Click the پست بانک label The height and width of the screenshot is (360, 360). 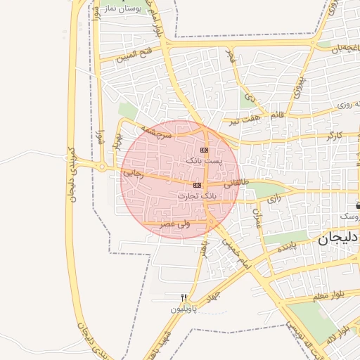[203, 161]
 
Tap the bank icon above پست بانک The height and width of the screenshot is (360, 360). [204, 150]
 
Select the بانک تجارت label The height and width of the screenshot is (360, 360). [202, 195]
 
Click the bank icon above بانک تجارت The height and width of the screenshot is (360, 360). [197, 185]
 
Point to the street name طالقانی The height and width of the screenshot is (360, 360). [237, 182]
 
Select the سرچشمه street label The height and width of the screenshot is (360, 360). [156, 131]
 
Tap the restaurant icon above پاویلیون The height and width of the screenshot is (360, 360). [184, 297]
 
